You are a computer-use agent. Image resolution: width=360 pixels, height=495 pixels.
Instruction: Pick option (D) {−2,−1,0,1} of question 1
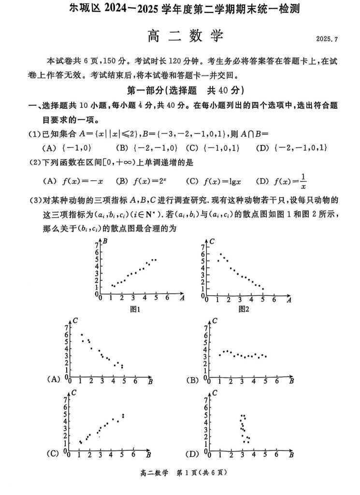click(292, 147)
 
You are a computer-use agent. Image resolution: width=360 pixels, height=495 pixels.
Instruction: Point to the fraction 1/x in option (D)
click(303, 181)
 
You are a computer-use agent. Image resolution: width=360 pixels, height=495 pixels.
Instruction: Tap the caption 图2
click(244, 309)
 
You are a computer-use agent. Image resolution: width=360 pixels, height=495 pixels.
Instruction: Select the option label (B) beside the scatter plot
click(193, 379)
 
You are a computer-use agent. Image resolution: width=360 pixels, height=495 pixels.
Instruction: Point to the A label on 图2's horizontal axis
click(288, 300)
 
